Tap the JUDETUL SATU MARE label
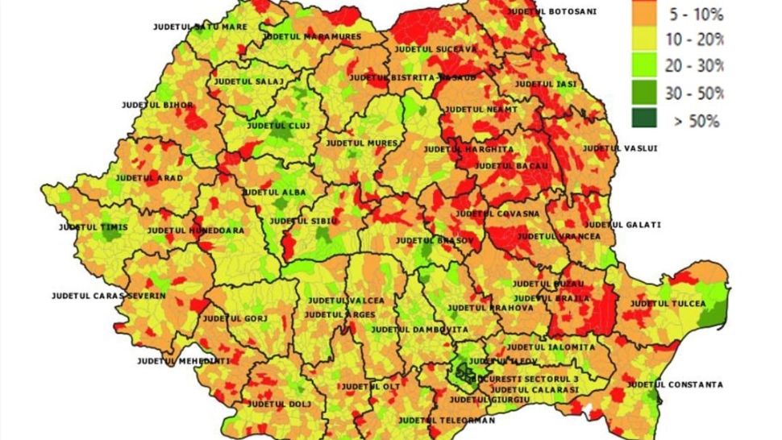tap(200, 27)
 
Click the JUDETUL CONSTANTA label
tap(675, 384)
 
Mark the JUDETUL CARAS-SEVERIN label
tap(108, 296)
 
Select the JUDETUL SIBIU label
tap(304, 221)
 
